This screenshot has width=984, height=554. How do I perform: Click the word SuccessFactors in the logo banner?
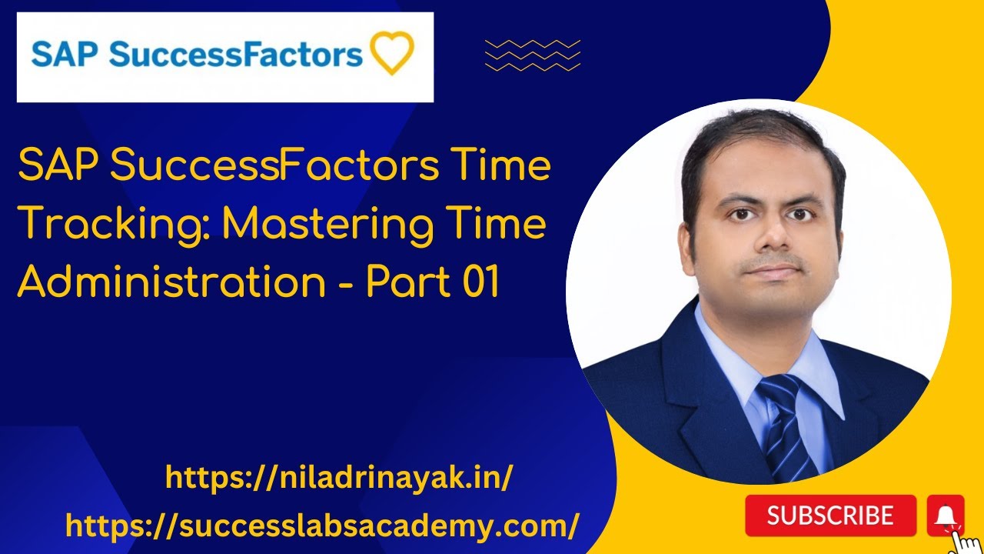click(235, 55)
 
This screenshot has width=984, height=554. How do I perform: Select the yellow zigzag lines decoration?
click(533, 55)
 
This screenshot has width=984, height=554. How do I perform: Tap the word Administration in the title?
click(171, 282)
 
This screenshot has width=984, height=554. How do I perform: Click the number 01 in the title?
click(482, 282)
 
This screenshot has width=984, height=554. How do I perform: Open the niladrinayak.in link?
click(339, 479)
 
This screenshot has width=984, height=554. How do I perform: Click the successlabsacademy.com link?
click(322, 526)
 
